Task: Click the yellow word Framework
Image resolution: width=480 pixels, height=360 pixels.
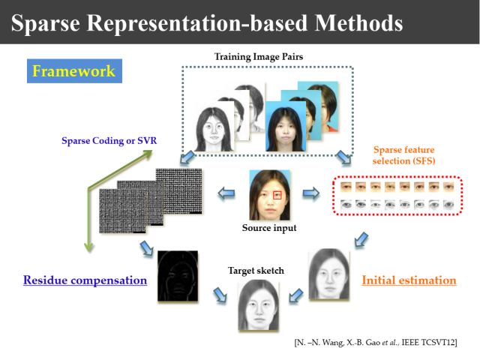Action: (73, 71)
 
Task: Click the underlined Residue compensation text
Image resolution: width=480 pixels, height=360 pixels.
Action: (85, 280)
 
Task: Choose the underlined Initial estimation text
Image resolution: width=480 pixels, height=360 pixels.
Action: (409, 280)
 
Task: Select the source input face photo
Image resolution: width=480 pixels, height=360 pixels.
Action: (270, 196)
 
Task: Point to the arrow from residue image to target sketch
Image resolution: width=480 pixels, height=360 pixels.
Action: (220, 298)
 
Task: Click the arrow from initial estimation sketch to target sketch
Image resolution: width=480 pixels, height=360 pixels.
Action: (296, 295)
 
